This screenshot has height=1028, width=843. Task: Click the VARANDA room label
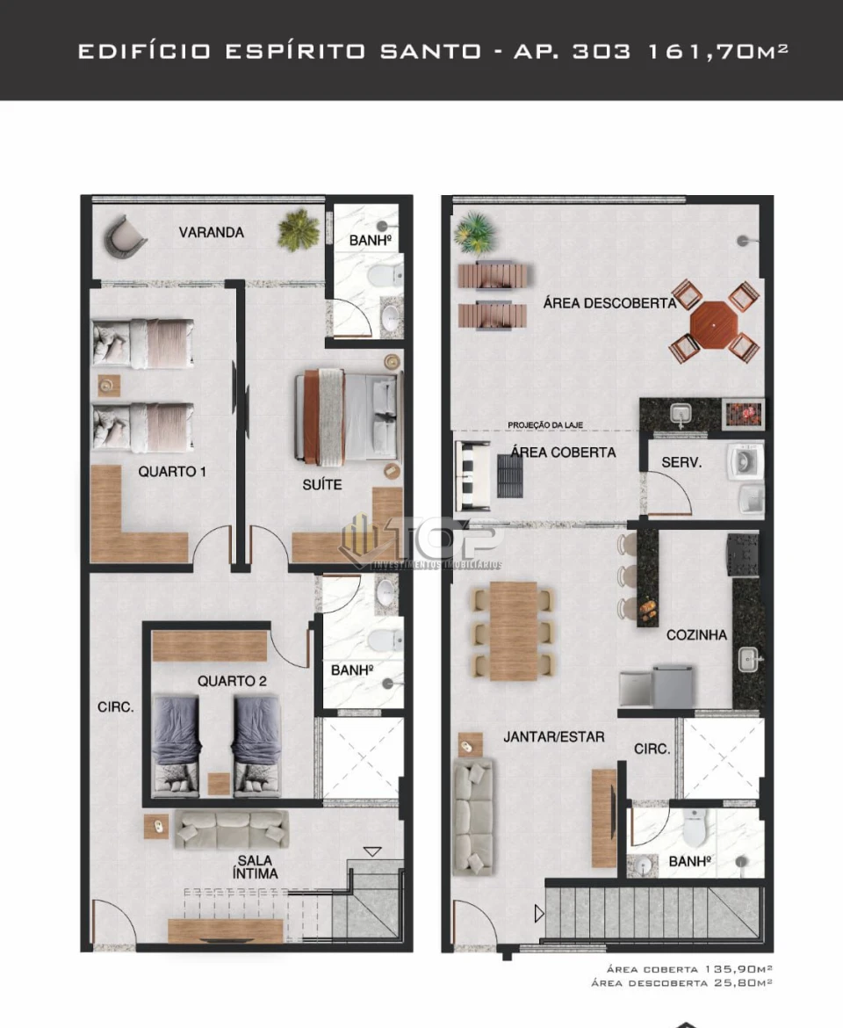211,233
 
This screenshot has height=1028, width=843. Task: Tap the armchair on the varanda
124,235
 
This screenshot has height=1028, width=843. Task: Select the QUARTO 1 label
172,472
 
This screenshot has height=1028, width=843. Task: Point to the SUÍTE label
322,484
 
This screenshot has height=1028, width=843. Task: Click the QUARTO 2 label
232,681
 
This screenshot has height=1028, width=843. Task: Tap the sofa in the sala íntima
232,829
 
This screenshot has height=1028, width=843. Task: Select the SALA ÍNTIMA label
256,866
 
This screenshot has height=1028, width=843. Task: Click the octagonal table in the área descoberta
715,322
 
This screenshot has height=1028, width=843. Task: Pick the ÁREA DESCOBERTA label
609,303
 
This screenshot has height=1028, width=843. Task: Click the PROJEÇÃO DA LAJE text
545,426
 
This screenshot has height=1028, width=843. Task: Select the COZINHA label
696,634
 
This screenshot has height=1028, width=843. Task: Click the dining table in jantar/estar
514,631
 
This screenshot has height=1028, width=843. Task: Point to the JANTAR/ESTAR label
553,736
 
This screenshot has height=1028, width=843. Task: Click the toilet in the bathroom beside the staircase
694,827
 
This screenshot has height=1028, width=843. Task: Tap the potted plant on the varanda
299,230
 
